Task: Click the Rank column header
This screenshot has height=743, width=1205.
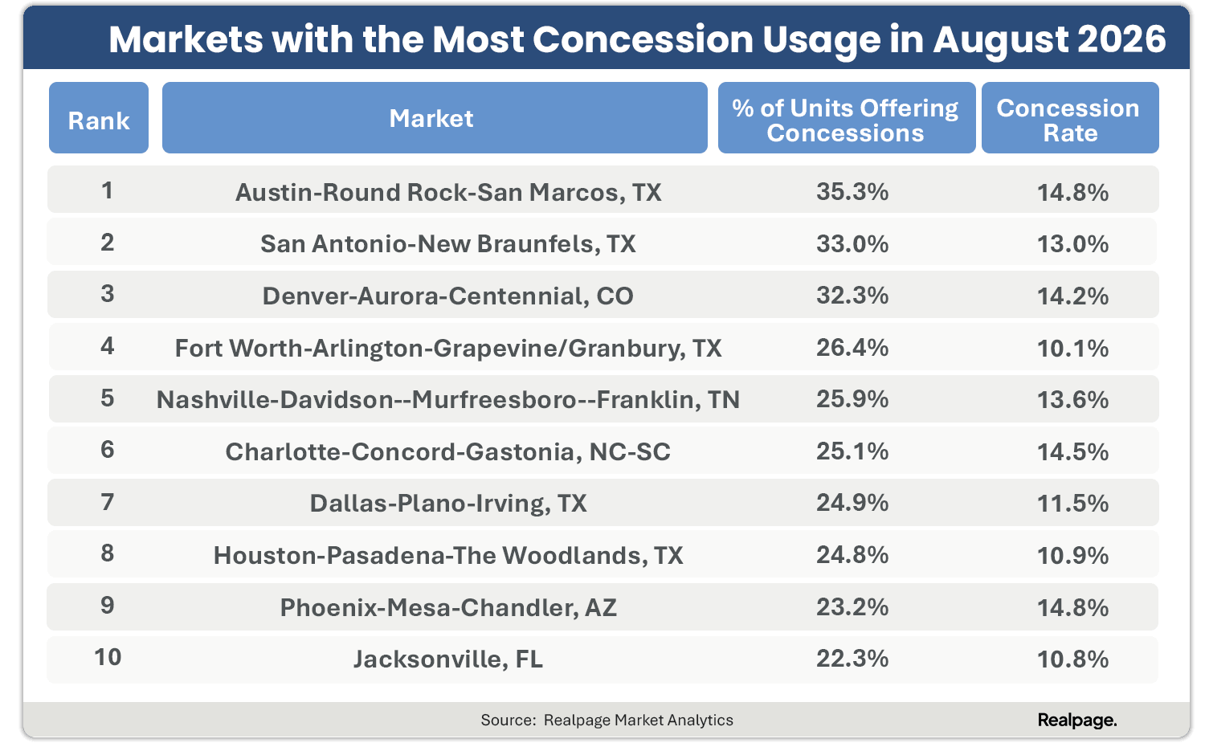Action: (99, 118)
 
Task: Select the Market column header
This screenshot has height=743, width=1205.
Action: (435, 118)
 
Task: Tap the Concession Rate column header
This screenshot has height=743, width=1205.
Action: (1070, 118)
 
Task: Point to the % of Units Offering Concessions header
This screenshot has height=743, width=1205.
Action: (846, 118)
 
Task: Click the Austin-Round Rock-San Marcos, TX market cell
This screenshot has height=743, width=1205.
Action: (448, 193)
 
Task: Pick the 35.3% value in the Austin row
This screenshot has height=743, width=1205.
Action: (852, 191)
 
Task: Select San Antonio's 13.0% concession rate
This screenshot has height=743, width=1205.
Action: (1072, 244)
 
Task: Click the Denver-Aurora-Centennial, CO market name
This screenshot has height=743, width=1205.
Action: (447, 296)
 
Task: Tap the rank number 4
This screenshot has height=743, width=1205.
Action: (108, 346)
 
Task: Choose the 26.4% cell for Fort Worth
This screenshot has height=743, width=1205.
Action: (852, 348)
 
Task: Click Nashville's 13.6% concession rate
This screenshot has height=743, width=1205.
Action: (1072, 400)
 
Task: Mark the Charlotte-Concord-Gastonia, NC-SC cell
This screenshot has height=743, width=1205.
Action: (447, 452)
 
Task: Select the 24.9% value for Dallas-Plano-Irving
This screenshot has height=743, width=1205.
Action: (852, 503)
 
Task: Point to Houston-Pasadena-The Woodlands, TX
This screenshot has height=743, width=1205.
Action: (448, 556)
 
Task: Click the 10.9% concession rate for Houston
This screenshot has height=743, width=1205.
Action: (1072, 555)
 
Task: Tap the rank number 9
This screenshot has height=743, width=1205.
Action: (108, 606)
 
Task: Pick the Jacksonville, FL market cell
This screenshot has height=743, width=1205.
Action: (448, 659)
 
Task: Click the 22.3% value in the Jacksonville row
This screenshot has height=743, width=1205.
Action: (852, 659)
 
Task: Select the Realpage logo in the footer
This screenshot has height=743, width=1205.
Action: (1077, 720)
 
